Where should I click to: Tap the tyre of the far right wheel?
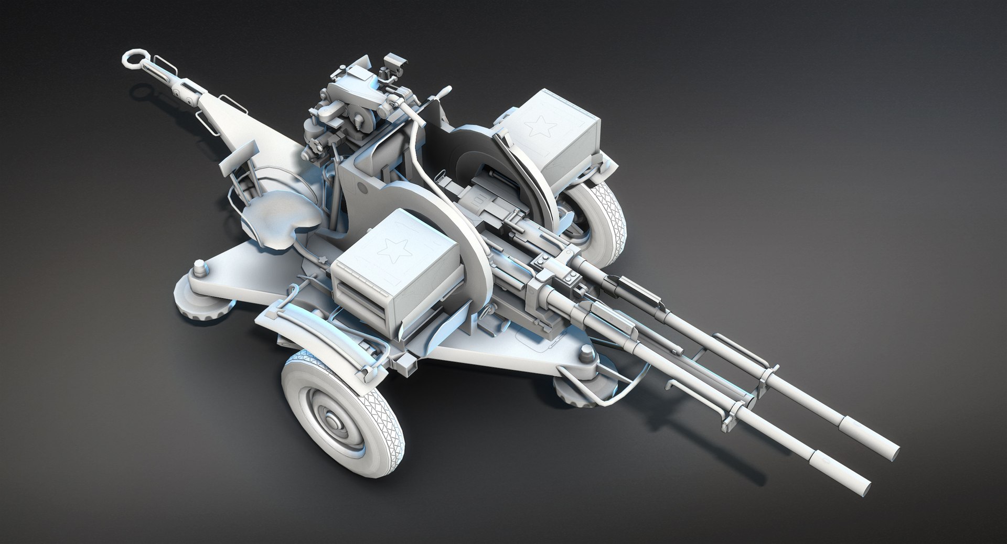click(608, 220)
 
